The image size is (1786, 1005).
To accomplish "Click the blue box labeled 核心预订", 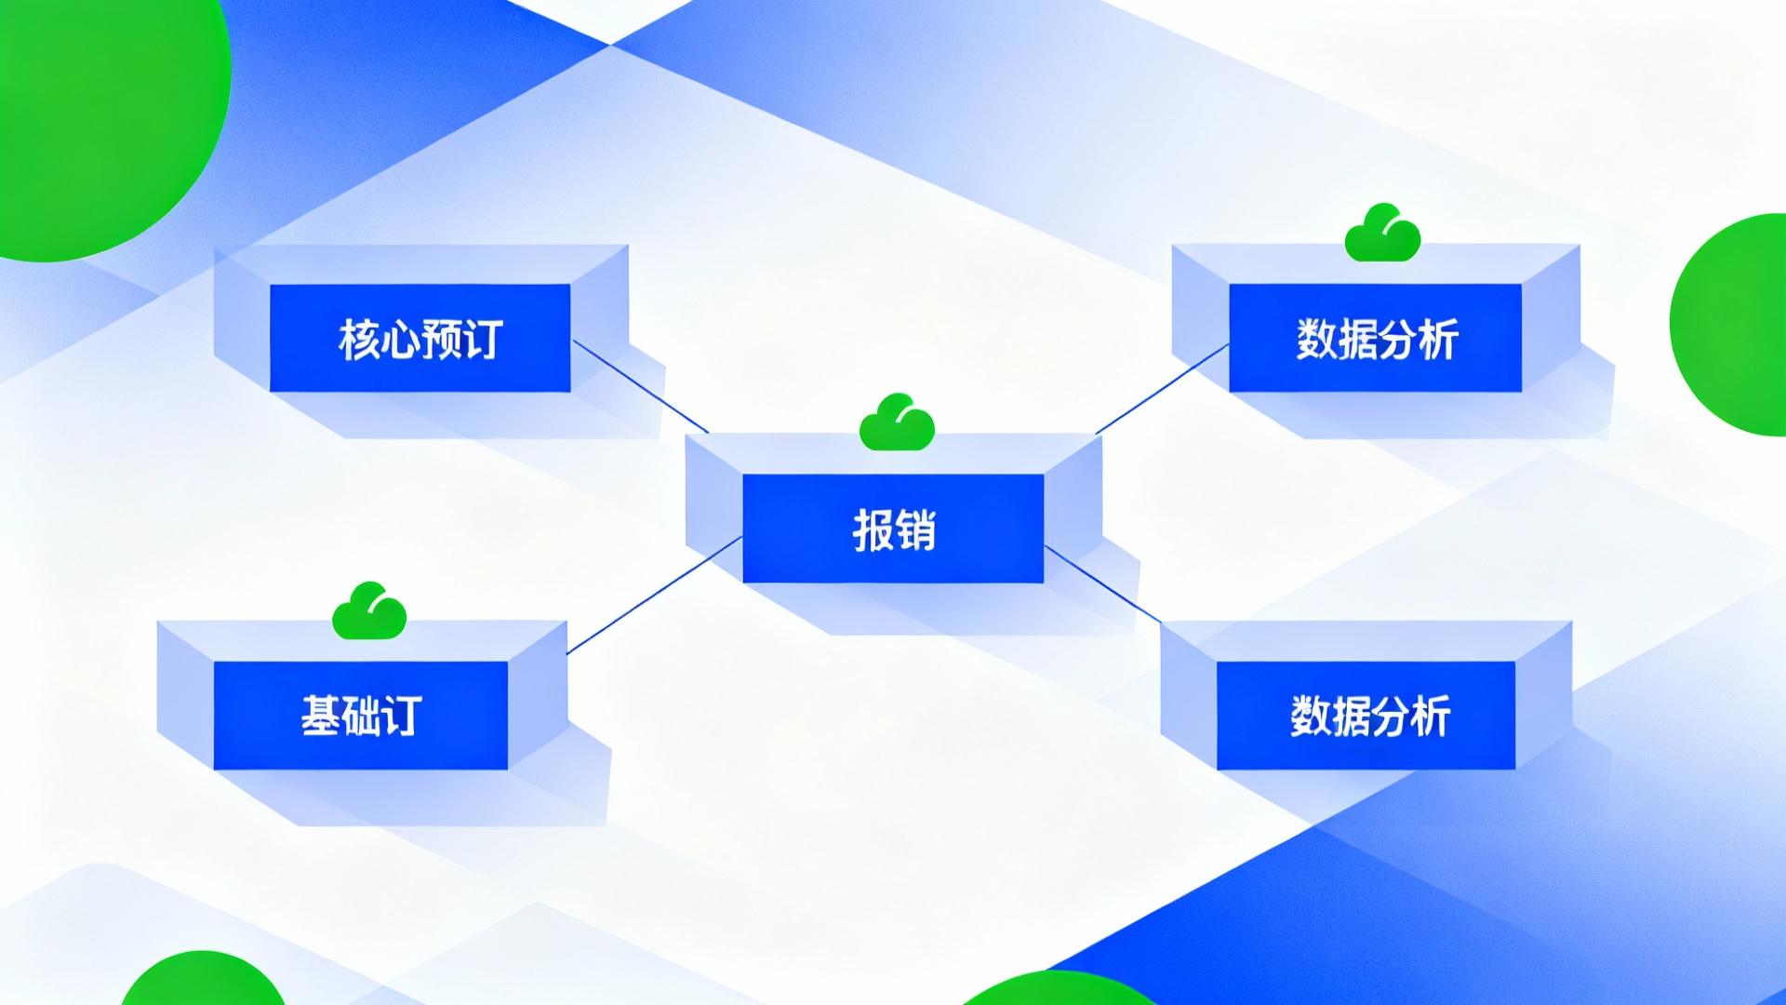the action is click(x=420, y=338).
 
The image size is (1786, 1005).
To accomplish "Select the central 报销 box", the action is click(x=893, y=529).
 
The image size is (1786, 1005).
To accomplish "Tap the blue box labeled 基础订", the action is click(x=361, y=716).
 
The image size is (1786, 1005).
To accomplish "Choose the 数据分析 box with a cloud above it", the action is click(x=1375, y=338).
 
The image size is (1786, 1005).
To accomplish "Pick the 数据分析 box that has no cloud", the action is click(x=1366, y=716).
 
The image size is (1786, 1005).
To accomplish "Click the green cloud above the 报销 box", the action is click(x=897, y=422).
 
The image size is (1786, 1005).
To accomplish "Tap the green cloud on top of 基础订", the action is click(x=369, y=611).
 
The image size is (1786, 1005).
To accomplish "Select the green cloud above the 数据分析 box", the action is click(x=1382, y=233).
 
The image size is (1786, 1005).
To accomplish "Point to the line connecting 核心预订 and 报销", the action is click(x=640, y=386).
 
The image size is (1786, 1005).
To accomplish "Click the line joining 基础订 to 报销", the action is click(x=654, y=596).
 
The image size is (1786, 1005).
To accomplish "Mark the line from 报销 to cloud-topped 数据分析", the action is click(x=1163, y=389).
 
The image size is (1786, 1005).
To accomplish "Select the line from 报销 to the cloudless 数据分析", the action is click(x=1103, y=583).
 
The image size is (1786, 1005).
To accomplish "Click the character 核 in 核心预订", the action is click(x=358, y=339).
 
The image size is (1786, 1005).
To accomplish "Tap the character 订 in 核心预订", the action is click(x=484, y=339).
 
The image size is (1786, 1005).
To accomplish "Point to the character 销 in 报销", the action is click(x=915, y=530).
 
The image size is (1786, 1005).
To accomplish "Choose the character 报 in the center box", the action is click(x=873, y=530).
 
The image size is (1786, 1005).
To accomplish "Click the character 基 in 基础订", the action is click(x=321, y=716).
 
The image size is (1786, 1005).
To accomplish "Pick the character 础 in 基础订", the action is click(x=362, y=716).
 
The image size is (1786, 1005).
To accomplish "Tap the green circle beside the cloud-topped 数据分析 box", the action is click(x=1730, y=325).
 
